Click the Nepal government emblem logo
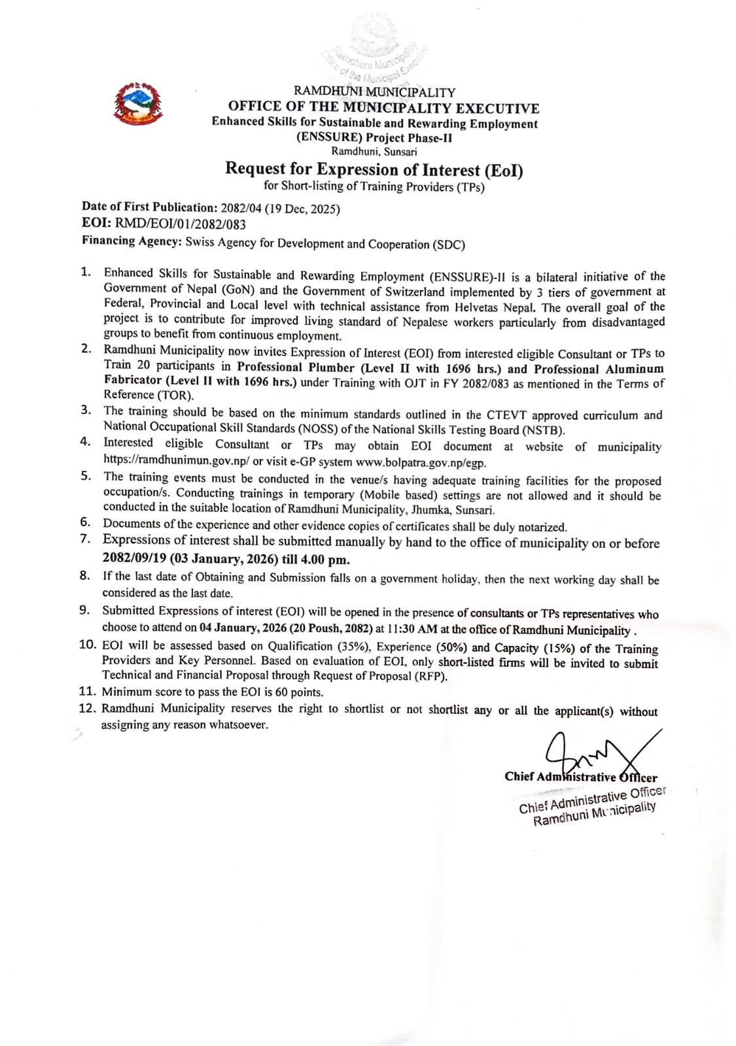[x=137, y=103]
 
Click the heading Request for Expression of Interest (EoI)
[x=374, y=169]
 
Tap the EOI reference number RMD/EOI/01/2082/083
[x=181, y=224]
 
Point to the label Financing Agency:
[x=131, y=241]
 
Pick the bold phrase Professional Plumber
[x=296, y=368]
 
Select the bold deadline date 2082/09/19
[x=134, y=559]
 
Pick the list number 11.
[x=87, y=691]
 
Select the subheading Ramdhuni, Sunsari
[x=374, y=152]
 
